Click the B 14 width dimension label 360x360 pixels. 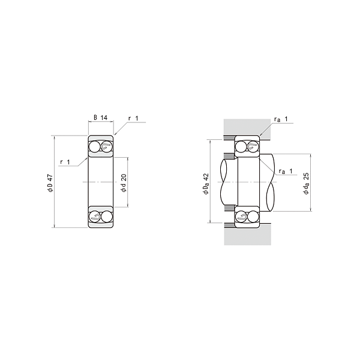(x=101, y=118)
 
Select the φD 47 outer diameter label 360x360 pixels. (x=50, y=183)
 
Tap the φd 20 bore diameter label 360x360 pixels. (x=124, y=183)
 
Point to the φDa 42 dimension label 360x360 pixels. (x=206, y=184)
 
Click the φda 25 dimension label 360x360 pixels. (x=306, y=184)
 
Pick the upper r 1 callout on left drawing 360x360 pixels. (x=133, y=118)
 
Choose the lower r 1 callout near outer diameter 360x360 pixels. (x=65, y=162)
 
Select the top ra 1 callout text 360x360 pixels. (x=281, y=119)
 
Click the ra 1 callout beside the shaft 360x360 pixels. (x=286, y=171)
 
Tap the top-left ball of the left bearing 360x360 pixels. (x=95, y=147)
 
